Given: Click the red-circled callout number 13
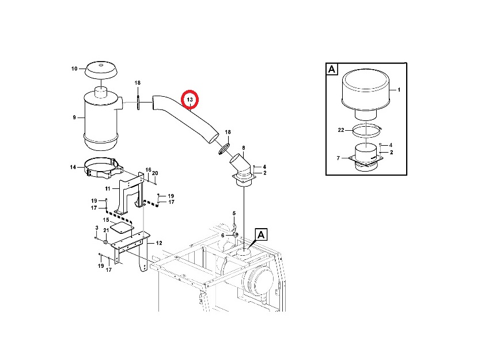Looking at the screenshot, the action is click(x=190, y=100).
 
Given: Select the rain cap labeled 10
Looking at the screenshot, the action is click(x=101, y=70).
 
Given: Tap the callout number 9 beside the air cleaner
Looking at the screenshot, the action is click(x=74, y=118).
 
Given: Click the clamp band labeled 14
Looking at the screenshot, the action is click(x=104, y=168).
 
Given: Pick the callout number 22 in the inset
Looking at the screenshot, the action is click(x=341, y=130).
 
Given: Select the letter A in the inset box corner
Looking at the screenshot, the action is click(x=332, y=69).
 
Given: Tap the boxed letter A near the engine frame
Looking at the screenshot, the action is click(x=261, y=235).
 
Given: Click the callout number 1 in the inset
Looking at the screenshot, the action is click(x=399, y=90).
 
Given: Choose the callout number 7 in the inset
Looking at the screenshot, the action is click(x=338, y=158).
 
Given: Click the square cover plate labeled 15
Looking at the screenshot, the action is click(x=122, y=228).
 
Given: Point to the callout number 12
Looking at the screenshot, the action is click(x=159, y=243).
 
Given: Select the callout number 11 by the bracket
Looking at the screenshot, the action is click(x=108, y=189).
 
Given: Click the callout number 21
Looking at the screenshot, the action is click(x=106, y=230).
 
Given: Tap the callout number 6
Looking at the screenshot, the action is click(x=223, y=236).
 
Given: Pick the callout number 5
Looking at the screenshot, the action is click(x=234, y=213).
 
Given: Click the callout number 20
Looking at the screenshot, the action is click(x=155, y=173).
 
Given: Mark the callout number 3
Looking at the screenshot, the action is click(x=97, y=228).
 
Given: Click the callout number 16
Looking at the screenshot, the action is click(x=148, y=170).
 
